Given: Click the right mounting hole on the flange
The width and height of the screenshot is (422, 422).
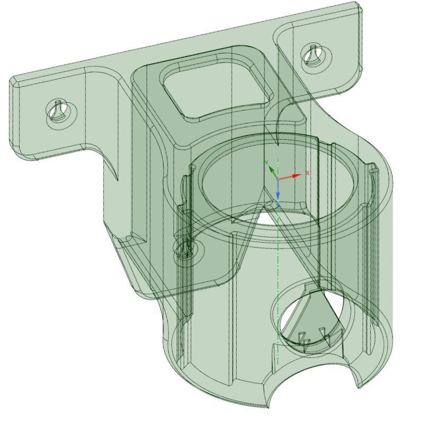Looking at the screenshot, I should tap(315, 55).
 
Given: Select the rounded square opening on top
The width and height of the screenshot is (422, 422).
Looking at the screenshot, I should tap(214, 90).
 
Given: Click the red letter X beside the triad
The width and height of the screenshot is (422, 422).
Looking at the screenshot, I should tap(308, 173).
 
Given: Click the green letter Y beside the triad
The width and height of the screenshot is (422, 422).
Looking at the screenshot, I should tap(266, 162).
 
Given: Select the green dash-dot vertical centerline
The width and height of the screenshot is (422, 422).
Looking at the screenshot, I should tap(278, 275).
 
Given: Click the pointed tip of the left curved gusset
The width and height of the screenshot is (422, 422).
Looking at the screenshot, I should tap(116, 180).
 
